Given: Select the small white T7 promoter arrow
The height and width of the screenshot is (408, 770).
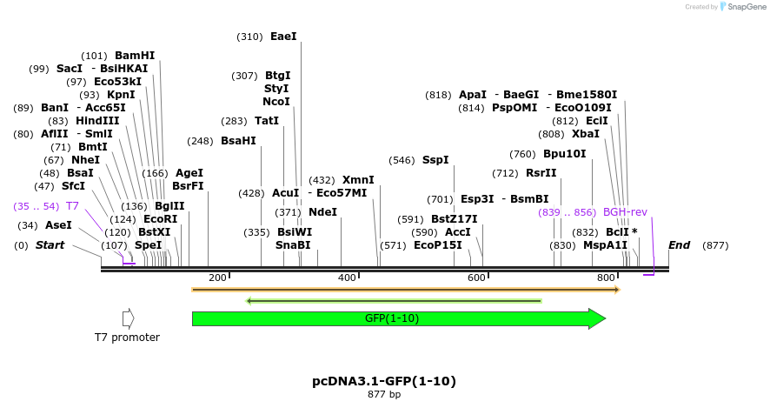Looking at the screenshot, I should [129, 318].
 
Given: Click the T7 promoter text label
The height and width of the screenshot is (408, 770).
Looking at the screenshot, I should [127, 338].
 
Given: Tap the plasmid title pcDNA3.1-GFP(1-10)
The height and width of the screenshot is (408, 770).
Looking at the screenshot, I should [384, 381].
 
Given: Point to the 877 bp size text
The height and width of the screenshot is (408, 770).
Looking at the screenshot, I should [384, 395].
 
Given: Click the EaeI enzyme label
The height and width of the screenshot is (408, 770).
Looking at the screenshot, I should [283, 37].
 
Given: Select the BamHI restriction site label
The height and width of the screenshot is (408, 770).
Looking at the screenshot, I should [135, 55].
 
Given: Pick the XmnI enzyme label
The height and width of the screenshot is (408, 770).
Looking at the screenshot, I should [358, 179].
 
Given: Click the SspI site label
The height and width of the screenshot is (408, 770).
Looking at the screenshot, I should [435, 160].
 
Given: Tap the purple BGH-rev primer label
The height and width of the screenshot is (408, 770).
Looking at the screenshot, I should [625, 212].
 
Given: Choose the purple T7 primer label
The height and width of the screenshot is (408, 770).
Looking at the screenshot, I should [72, 206].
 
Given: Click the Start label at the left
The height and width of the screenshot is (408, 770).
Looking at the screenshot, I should [50, 245].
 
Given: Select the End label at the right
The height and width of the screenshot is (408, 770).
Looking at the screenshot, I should [680, 245].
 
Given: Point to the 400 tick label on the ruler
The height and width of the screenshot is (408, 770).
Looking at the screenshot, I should [347, 278].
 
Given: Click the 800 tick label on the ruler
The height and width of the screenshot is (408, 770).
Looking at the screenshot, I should [606, 278].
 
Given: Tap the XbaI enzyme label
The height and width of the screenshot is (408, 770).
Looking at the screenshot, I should [585, 134].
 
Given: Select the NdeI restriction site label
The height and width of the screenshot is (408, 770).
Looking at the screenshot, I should [322, 212].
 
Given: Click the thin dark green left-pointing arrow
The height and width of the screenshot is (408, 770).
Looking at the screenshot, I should [394, 301].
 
